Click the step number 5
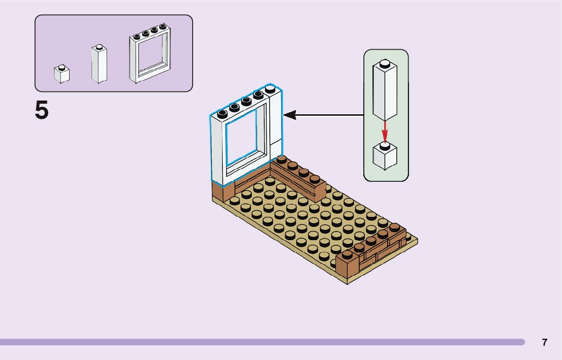pyautogui.click(x=42, y=110)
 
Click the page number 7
pyautogui.click(x=545, y=343)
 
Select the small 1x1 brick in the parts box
pyautogui.click(x=61, y=75)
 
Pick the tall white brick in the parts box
pyautogui.click(x=99, y=64)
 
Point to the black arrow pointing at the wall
pyautogui.click(x=325, y=115)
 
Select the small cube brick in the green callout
pyautogui.click(x=385, y=156)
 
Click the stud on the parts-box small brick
pyautogui.click(x=61, y=67)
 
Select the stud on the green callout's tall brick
pyautogui.click(x=385, y=63)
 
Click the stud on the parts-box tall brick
pyautogui.click(x=100, y=47)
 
